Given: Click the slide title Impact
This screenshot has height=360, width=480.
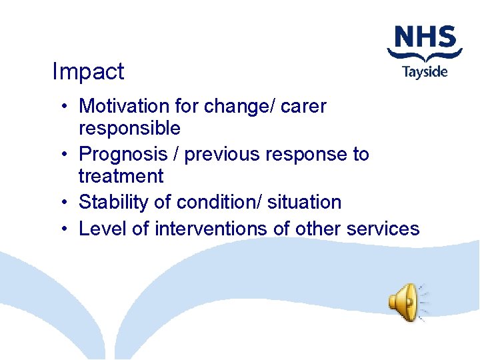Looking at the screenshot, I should click(88, 72).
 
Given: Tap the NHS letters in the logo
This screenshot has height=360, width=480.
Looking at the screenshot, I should click(425, 38).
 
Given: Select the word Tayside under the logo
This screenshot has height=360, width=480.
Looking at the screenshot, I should click(425, 71).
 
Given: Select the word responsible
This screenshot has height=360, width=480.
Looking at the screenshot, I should click(129, 128).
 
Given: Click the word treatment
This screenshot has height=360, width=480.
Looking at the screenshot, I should click(121, 176).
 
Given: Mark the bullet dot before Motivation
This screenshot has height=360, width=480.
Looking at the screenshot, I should click(62, 107).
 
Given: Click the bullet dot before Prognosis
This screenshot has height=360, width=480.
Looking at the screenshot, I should click(62, 155).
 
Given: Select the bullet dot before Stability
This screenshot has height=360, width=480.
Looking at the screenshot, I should click(62, 203).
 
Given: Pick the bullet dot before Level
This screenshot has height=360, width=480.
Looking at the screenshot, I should click(62, 229).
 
